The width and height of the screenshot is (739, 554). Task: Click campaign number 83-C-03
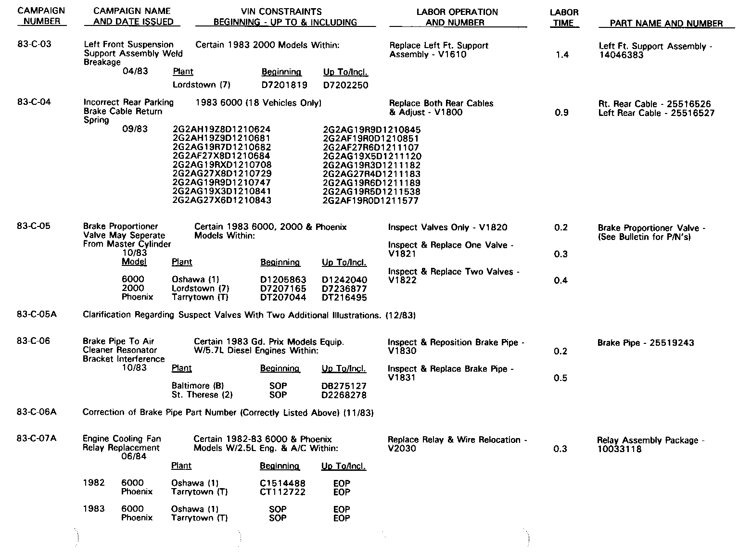pos(34,44)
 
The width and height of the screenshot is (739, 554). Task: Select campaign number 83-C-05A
pos(37,315)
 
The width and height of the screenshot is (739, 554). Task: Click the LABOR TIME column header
pos(564,17)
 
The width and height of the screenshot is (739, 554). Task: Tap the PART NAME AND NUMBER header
pos(666,23)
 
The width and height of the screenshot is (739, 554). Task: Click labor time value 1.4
pos(562,55)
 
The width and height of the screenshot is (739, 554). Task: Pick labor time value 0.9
pos(562,113)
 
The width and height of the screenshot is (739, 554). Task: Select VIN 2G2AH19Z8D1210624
pos(221,129)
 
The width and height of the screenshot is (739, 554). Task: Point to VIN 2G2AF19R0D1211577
pos(370,201)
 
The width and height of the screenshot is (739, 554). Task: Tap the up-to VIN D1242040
pos(344,280)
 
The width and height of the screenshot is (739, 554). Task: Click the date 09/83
pos(135,129)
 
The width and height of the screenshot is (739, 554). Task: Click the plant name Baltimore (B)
pos(198,386)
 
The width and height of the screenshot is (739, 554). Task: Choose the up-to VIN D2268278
pos(344,395)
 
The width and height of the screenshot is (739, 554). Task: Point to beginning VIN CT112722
pos(282,492)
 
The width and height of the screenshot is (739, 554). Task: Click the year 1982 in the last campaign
pos(94,483)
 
